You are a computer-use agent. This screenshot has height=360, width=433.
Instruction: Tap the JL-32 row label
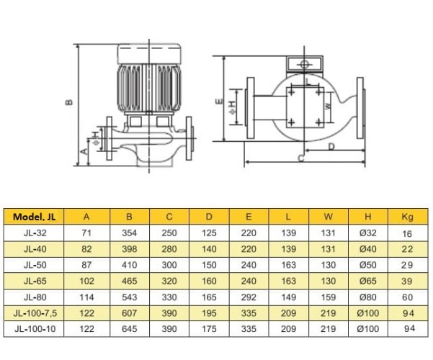[32, 233]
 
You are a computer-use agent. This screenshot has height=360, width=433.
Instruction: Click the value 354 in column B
[130, 233]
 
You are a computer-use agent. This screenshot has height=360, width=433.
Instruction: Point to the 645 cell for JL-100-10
[130, 328]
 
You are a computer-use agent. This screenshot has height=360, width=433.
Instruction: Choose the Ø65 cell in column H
[368, 281]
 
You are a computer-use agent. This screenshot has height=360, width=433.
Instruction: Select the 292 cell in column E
[249, 297]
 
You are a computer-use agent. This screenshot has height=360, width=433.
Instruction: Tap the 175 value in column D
[210, 328]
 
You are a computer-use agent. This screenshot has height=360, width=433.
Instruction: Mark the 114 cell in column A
[87, 297]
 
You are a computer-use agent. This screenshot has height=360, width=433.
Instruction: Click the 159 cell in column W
[329, 297]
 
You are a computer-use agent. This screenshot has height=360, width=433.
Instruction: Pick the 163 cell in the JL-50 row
[289, 265]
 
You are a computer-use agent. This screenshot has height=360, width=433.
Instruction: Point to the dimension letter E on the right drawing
[218, 102]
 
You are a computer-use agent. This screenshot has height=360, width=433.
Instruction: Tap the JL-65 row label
[32, 281]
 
